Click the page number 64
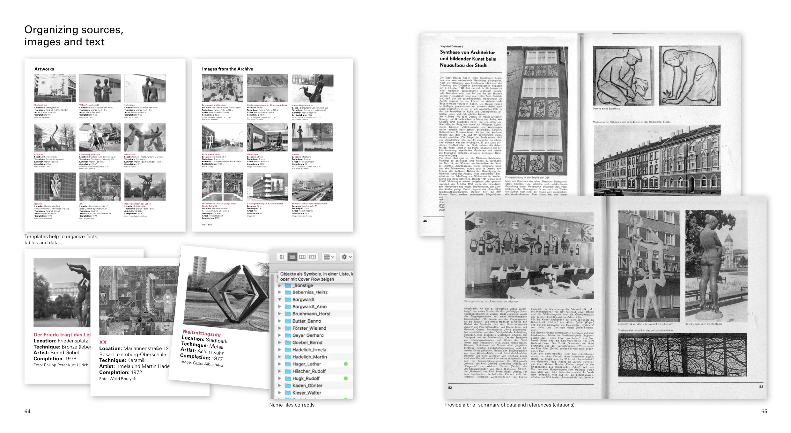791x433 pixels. [27, 411]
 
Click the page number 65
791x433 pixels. [764, 411]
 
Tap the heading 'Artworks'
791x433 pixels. [44, 69]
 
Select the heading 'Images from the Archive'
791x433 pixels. [227, 69]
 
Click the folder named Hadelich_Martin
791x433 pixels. [309, 357]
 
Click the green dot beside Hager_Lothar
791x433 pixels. [345, 364]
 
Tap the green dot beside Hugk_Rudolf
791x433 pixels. [345, 378]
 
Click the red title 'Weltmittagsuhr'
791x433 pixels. [202, 333]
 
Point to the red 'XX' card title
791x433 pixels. [103, 342]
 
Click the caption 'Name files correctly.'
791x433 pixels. [292, 405]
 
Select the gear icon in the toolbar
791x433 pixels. [344, 257]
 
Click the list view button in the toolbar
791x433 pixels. [292, 257]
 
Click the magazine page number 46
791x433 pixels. [425, 221]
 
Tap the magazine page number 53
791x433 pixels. [761, 386]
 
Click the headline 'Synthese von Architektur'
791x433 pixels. [467, 52]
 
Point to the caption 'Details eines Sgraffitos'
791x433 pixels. [606, 109]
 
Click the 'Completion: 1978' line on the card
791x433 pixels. [55, 358]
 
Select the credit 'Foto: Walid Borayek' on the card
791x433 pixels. [117, 379]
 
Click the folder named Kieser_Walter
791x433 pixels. [306, 393]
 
